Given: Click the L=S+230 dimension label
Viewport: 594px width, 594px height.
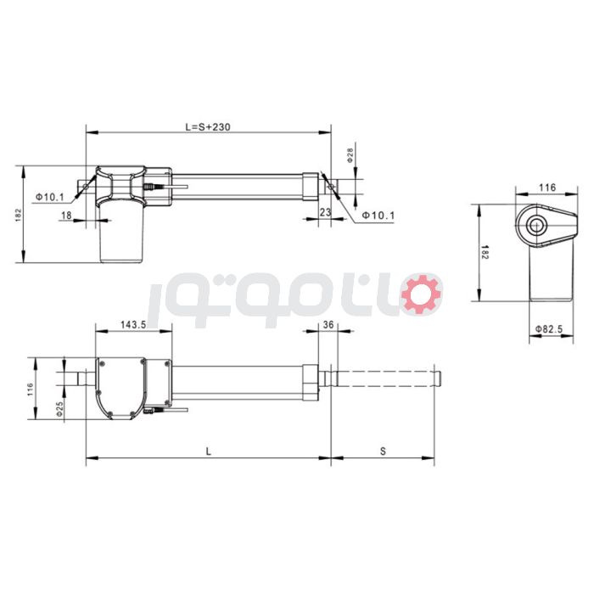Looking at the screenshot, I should coord(208,126).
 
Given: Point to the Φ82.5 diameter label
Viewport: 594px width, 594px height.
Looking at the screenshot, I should coord(551,328).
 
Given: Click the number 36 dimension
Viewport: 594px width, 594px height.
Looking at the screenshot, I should coord(328,325).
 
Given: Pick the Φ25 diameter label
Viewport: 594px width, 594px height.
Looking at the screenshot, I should coord(59,408).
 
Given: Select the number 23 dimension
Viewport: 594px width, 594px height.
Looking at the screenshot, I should coord(325,212).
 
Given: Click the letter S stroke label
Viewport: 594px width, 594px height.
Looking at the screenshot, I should coord(383,452).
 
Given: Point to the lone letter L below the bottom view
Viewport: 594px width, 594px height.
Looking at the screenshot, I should coord(208,452).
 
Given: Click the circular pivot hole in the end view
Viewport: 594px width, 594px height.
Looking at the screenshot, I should coord(537,225).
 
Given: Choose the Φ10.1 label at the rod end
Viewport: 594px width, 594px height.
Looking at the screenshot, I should coord(378,216).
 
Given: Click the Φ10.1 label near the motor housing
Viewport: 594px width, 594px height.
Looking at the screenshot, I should coord(50,197).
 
